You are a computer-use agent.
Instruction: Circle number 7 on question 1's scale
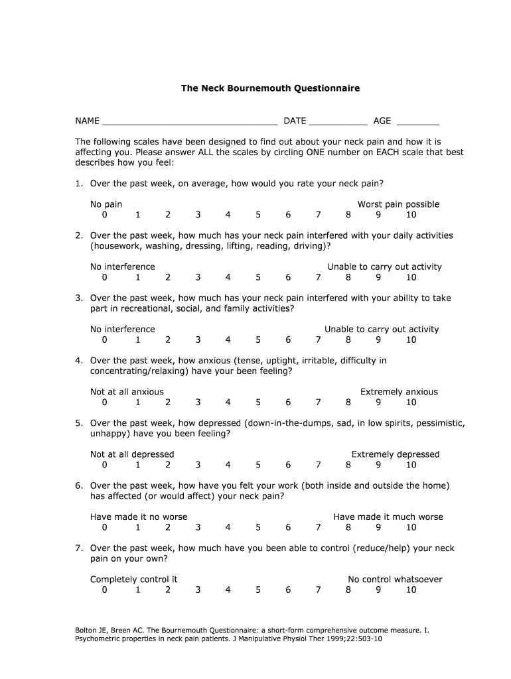[x=319, y=215]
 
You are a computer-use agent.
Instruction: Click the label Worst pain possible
[x=398, y=204]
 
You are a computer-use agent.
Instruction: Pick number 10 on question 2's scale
[x=411, y=277]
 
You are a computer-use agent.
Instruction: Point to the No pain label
[x=106, y=204]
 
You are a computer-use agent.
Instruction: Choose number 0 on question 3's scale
[x=105, y=340]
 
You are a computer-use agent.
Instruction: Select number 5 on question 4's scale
[x=258, y=402]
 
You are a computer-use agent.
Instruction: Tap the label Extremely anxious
[x=399, y=392]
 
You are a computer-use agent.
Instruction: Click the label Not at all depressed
[x=132, y=454]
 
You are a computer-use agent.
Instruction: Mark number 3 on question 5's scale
[x=198, y=465]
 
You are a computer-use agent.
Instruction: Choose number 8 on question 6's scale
[x=348, y=528]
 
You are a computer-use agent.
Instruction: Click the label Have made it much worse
[x=388, y=517]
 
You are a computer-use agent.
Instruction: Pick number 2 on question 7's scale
[x=168, y=590]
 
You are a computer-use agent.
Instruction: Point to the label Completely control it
[x=134, y=580]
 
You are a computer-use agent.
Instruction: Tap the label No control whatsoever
[x=395, y=580]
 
